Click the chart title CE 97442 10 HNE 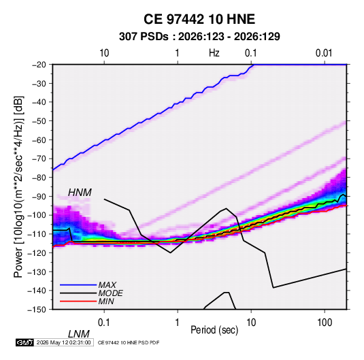[x=199, y=19]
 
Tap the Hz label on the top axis [x=214, y=53]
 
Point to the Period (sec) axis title [x=214, y=330]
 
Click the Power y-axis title [x=18, y=187]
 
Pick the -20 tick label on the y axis [x=39, y=65]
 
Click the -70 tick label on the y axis [x=39, y=159]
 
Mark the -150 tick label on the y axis [x=37, y=310]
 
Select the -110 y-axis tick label [x=37, y=234]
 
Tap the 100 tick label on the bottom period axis [x=325, y=323]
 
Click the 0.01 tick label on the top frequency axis [x=324, y=53]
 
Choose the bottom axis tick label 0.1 [x=104, y=323]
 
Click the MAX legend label [x=107, y=285]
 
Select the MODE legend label [x=110, y=293]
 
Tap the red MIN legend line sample [x=78, y=301]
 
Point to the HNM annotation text [x=80, y=193]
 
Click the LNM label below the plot [x=78, y=334]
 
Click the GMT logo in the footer [x=25, y=342]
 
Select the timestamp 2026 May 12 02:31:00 [x=63, y=342]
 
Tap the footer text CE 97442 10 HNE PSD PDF [x=129, y=342]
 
